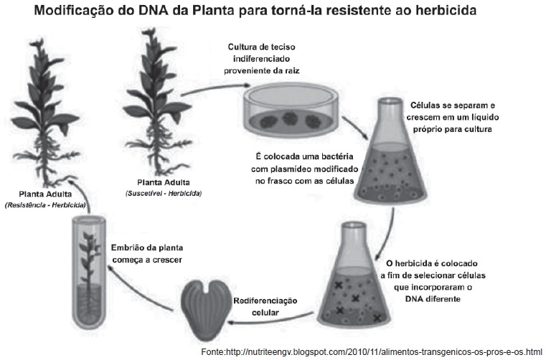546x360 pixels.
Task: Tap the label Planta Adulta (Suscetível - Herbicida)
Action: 163,187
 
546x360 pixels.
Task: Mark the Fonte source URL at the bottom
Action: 370,351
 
